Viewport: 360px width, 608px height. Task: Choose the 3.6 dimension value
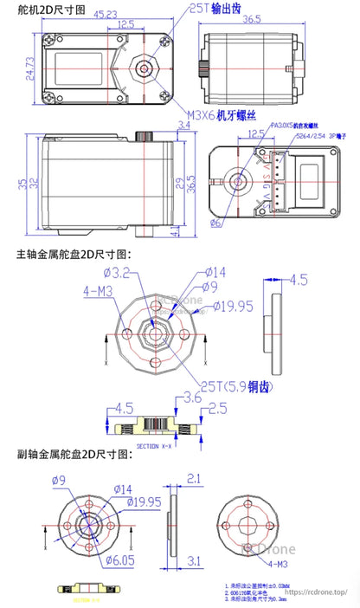(193, 398)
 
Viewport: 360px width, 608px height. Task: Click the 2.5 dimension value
(219, 407)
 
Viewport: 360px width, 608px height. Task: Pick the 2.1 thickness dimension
(193, 477)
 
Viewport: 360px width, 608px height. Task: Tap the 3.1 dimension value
(193, 561)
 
